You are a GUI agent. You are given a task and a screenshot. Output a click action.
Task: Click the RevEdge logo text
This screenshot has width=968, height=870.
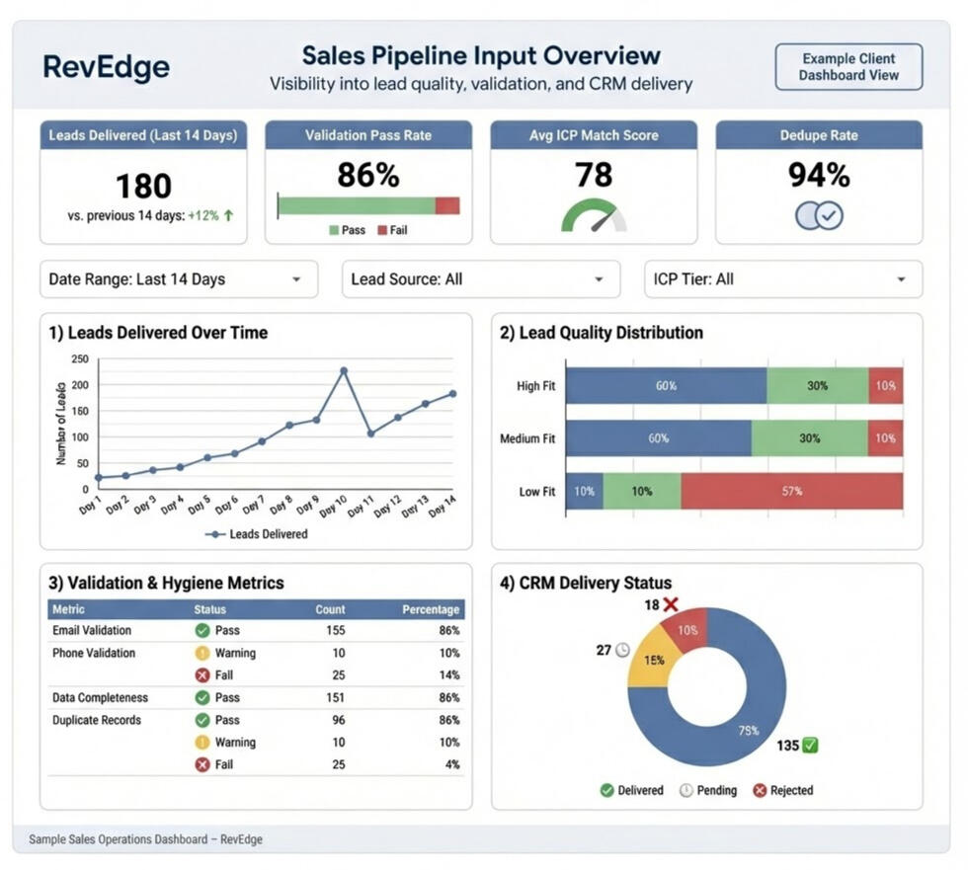pyautogui.click(x=107, y=67)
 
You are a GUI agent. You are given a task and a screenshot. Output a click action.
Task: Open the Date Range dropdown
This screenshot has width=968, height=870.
pyautogui.click(x=179, y=279)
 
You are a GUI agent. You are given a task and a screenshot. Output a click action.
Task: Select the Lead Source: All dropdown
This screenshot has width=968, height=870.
pyautogui.click(x=481, y=279)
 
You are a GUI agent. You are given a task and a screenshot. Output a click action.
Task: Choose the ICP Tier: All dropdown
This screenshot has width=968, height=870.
pyautogui.click(x=783, y=279)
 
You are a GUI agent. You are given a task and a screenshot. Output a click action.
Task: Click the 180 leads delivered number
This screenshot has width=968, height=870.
pyautogui.click(x=143, y=186)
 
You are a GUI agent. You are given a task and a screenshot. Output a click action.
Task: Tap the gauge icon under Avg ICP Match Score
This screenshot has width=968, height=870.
pyautogui.click(x=594, y=216)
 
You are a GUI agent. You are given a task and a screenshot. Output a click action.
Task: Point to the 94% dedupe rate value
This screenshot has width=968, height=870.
pyautogui.click(x=819, y=175)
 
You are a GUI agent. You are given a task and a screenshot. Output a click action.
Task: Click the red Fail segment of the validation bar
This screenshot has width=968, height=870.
pyautogui.click(x=447, y=205)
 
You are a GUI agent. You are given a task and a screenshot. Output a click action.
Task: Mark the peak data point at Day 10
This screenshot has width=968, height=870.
pyautogui.click(x=344, y=370)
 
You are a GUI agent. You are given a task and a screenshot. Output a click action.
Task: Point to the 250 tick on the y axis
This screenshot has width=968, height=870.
pyautogui.click(x=80, y=359)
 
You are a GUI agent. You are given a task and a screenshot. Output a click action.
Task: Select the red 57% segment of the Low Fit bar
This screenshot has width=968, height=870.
pyautogui.click(x=791, y=491)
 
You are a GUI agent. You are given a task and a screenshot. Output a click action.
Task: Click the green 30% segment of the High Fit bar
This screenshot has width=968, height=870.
pyautogui.click(x=817, y=386)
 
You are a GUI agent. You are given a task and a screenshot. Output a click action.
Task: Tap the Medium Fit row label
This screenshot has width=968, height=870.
pyautogui.click(x=527, y=438)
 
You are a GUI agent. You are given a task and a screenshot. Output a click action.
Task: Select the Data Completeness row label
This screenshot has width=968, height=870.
pyautogui.click(x=100, y=697)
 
